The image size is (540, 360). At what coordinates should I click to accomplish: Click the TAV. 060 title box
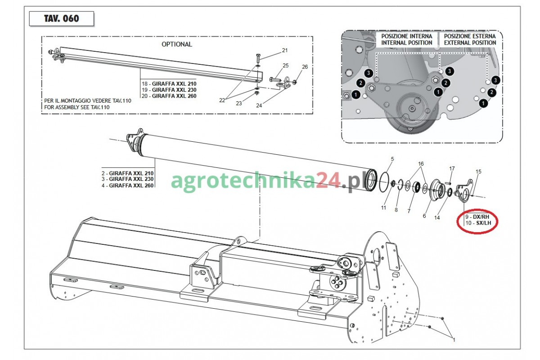point(62,18)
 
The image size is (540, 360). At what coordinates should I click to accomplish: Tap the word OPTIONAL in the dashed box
point(177,45)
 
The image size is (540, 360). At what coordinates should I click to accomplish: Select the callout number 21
point(285,50)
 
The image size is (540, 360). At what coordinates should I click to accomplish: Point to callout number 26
point(305,67)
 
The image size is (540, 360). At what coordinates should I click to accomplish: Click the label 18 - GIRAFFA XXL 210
point(169,84)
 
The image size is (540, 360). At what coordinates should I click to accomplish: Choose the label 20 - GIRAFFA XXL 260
point(169,96)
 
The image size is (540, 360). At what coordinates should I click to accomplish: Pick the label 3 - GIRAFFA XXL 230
point(127,179)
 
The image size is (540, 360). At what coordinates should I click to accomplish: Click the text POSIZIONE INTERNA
point(407,36)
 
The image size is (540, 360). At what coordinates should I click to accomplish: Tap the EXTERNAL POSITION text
point(470,43)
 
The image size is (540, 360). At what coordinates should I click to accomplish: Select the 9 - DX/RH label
point(477,217)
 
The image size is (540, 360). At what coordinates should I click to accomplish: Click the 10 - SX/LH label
point(478,223)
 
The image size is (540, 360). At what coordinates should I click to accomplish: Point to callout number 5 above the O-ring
point(392,159)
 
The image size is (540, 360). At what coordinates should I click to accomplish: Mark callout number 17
point(452,169)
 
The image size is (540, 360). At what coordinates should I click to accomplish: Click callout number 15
point(478,172)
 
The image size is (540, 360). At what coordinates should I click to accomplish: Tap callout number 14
point(437,218)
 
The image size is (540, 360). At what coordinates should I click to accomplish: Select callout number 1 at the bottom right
point(454,340)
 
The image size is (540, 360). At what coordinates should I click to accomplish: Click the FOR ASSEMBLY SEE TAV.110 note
point(76,107)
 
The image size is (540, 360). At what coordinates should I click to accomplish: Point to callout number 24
point(259,106)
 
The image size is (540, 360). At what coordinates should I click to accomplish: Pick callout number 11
point(383,208)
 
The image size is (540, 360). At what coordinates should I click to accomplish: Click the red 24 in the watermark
point(328,181)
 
